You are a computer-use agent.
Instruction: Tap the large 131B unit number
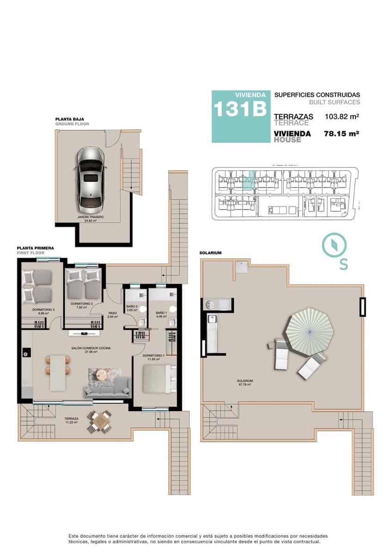(239, 110)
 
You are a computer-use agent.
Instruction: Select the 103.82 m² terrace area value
(343, 117)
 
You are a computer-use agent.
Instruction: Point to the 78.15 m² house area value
(342, 133)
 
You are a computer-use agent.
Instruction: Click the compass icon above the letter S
(332, 246)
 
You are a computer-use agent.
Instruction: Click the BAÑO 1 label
(161, 313)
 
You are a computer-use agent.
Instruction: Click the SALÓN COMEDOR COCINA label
(91, 348)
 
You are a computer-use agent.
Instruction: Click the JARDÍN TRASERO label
(91, 217)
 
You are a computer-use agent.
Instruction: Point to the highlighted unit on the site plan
(249, 180)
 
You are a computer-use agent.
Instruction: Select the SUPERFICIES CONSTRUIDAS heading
(317, 94)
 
